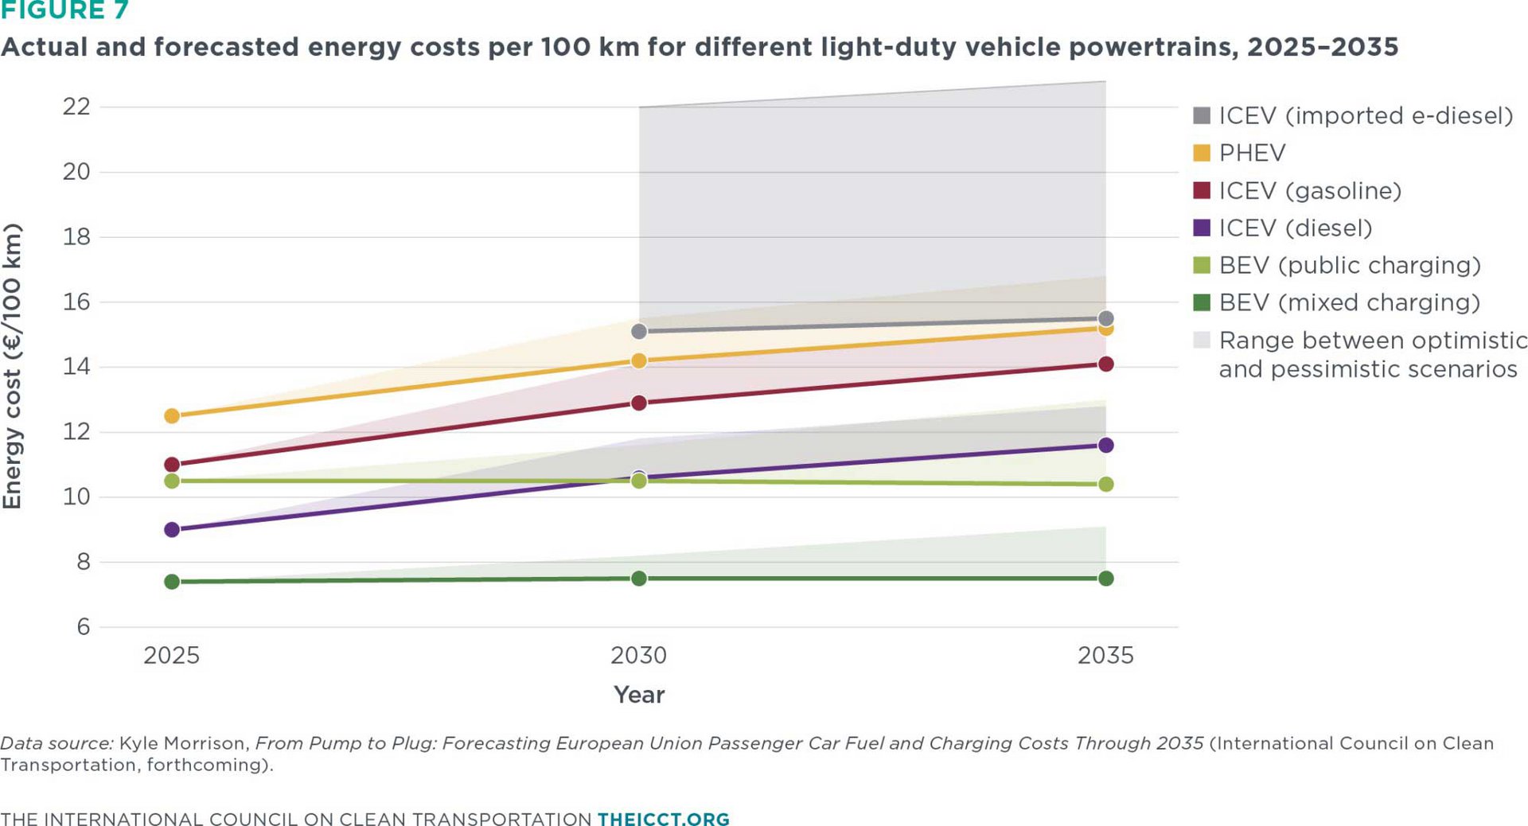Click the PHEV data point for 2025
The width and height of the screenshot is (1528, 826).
[172, 416]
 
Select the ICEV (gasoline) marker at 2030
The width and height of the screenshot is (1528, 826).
[639, 403]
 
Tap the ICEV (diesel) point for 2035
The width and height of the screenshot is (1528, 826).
[1105, 445]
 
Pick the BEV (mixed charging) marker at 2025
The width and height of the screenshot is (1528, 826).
[172, 582]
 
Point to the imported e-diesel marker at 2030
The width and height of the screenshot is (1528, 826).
[639, 331]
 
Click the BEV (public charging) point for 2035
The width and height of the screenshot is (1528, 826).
[1105, 484]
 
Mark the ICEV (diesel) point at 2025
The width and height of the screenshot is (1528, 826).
[172, 529]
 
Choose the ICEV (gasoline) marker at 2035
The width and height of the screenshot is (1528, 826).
[1105, 364]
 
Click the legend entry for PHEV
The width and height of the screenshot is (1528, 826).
[1240, 153]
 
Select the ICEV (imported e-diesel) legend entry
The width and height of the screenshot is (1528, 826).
[1353, 115]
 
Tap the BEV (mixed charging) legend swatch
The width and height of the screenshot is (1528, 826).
[1202, 302]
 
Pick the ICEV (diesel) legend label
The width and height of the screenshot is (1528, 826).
[1296, 228]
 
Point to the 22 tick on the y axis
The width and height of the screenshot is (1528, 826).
[76, 107]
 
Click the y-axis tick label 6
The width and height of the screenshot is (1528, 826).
[84, 627]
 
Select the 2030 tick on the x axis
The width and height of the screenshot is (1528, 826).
[639, 656]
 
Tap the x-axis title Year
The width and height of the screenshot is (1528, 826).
[639, 695]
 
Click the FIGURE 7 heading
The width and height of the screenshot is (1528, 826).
[64, 10]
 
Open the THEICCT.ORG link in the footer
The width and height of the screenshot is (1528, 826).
[664, 819]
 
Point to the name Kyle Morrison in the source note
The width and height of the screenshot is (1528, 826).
[183, 743]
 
